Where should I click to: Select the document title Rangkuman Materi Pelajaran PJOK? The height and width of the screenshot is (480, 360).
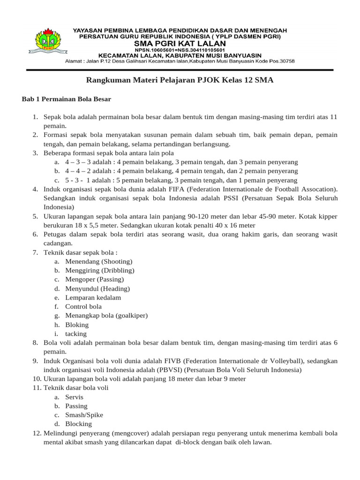coord(180,80)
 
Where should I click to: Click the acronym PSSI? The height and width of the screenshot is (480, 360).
coord(231,198)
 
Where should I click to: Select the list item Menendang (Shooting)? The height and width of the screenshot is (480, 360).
coord(98,261)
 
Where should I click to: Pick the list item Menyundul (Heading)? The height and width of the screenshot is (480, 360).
coord(97,288)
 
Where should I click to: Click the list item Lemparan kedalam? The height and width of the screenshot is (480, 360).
coord(93,298)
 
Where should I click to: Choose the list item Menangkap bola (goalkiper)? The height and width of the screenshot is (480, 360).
coord(106,315)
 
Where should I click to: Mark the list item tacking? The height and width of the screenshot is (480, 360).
coord(76,333)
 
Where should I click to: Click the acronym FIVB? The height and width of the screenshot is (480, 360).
coord(172,360)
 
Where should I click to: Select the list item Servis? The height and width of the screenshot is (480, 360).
coord(74,397)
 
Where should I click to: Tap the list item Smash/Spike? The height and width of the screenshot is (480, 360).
coord(84,415)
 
